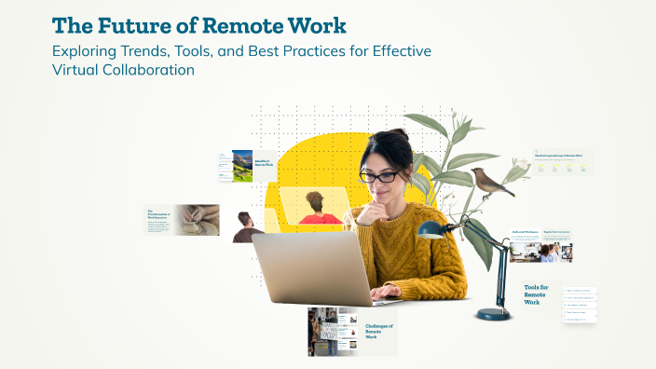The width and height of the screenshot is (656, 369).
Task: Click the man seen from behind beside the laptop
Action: pos(247,227)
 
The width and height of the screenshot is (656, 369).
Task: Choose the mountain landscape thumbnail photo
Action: pos(242,166)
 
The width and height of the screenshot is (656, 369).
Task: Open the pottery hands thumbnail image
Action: pos(195,220)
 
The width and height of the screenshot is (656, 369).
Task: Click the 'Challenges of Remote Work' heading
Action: pos(379,331)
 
